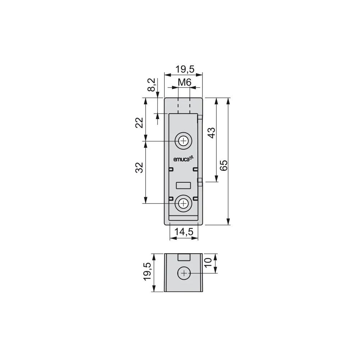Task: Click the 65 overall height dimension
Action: [x=224, y=165]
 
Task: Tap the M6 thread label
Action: [x=184, y=82]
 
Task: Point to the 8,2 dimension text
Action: [x=152, y=85]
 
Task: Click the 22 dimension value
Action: [x=140, y=123]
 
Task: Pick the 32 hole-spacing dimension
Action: [x=140, y=167]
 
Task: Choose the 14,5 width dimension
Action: [x=184, y=232]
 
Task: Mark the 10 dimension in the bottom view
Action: [x=208, y=262]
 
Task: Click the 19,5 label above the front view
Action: [x=185, y=69]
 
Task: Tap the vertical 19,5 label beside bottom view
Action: [x=147, y=272]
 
